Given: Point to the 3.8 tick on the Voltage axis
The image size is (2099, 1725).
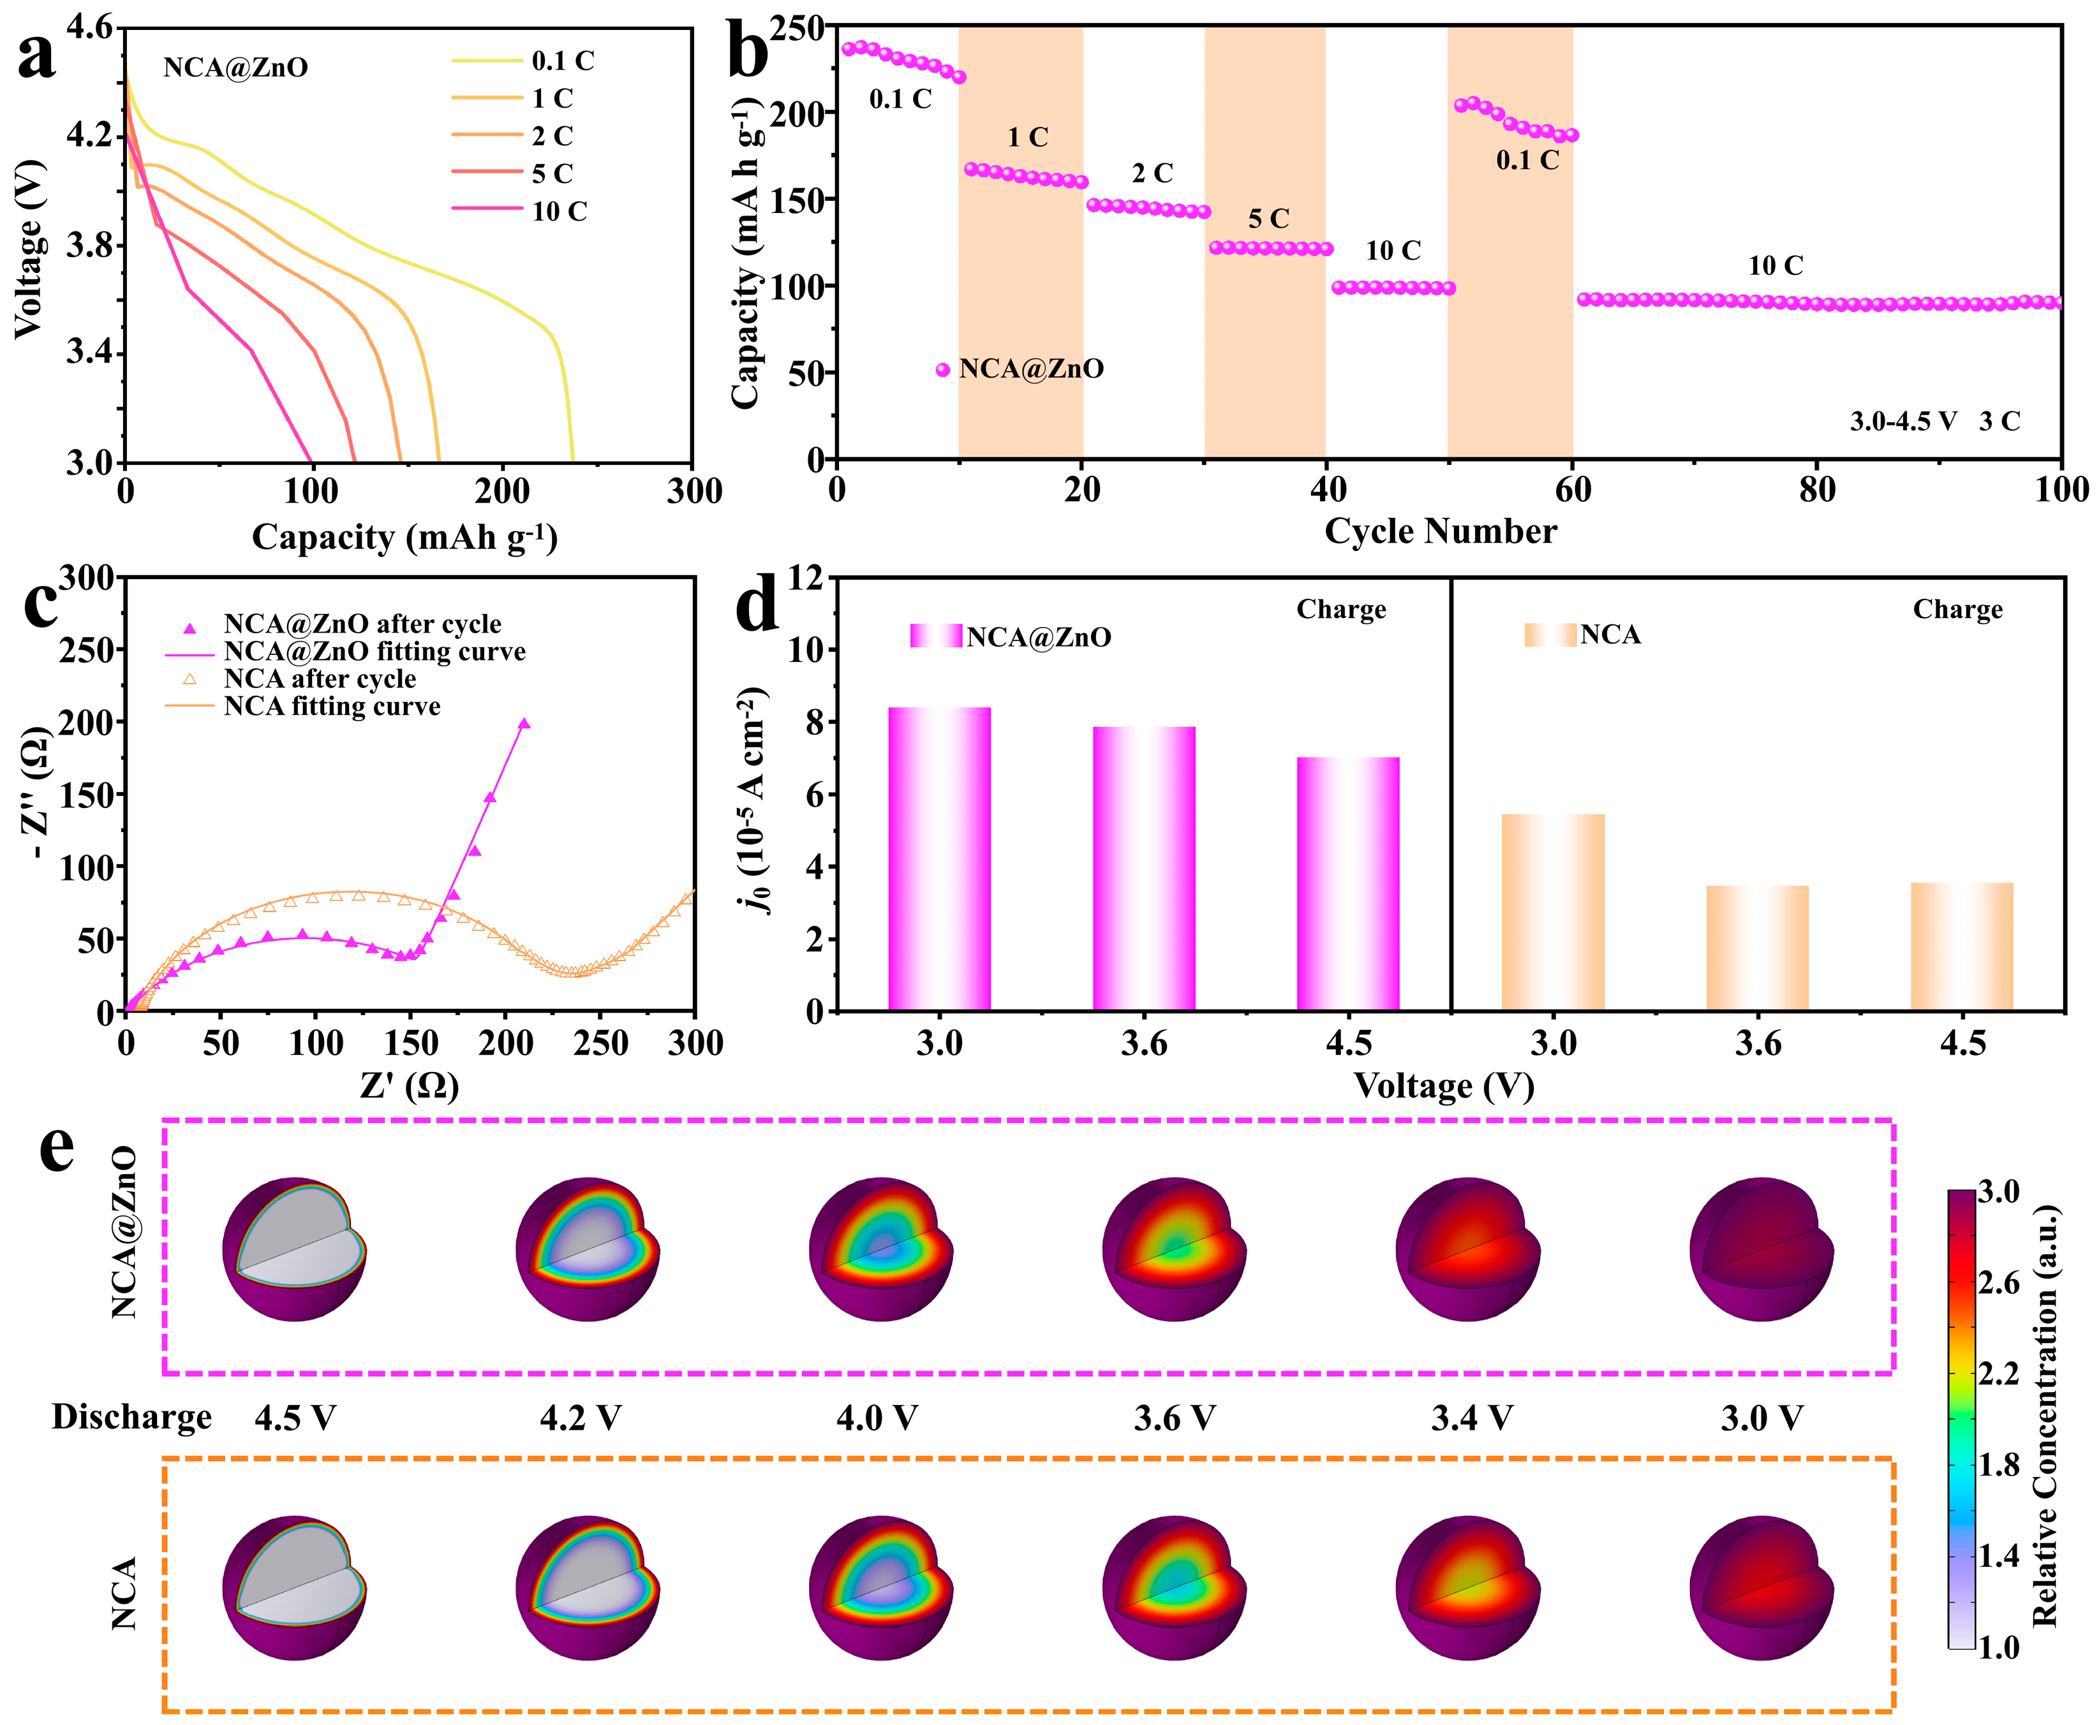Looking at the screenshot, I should click(x=91, y=246).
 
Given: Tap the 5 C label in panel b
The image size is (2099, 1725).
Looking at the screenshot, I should click(x=1268, y=219).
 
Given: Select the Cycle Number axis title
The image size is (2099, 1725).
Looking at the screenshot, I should click(x=1440, y=532).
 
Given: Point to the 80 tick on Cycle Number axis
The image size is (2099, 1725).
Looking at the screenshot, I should click(x=1817, y=490).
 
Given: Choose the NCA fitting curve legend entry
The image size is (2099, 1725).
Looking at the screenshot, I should click(x=332, y=707).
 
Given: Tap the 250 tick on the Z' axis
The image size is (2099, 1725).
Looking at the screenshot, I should click(x=600, y=1043).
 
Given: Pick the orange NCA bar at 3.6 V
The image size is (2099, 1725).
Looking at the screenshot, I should click(x=1757, y=948).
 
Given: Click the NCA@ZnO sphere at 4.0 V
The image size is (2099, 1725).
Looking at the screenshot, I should click(x=880, y=1249).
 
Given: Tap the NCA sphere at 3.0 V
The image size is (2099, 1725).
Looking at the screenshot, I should click(x=1761, y=1587).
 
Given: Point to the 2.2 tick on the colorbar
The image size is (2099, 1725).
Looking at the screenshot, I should click(x=1998, y=1374).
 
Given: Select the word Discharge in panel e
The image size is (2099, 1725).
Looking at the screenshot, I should click(x=132, y=1417).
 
